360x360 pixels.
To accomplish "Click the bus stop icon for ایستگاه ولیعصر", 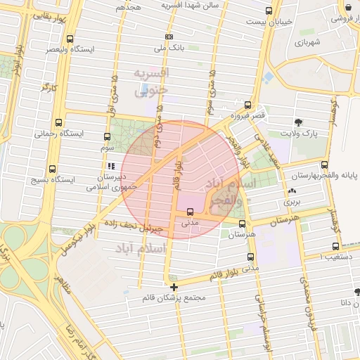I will click(69, 39).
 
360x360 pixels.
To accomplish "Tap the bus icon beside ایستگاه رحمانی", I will click(58, 122).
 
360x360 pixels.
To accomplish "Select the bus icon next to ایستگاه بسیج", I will click(53, 169).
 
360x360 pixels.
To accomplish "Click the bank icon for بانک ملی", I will click(169, 37).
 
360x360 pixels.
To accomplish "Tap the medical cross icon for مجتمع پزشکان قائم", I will click(174, 286).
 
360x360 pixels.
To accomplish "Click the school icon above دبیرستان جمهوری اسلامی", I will click(110, 167).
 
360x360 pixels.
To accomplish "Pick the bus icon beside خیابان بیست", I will click(269, 11).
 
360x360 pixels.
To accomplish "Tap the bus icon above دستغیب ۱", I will click(335, 247).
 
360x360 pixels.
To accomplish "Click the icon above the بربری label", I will click(292, 191).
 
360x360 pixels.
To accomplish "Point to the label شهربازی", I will click(307, 43).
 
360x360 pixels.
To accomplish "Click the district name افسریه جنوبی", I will click(152, 81).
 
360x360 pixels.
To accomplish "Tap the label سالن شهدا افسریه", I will click(190, 5).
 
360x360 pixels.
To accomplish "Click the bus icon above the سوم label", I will click(107, 136).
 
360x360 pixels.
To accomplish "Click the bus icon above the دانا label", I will click(356, 291).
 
